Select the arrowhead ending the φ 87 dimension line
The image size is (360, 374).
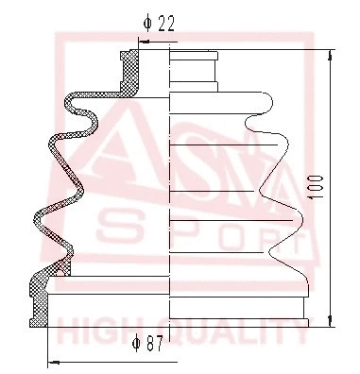click(50, 362)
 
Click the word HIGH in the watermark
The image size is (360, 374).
click(95, 331)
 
